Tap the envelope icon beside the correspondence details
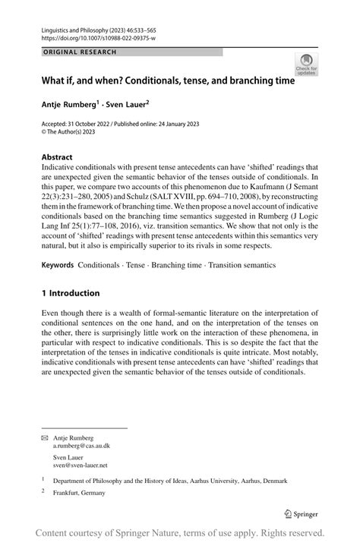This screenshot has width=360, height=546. point(45,438)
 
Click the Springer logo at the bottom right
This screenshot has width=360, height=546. point(301,513)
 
